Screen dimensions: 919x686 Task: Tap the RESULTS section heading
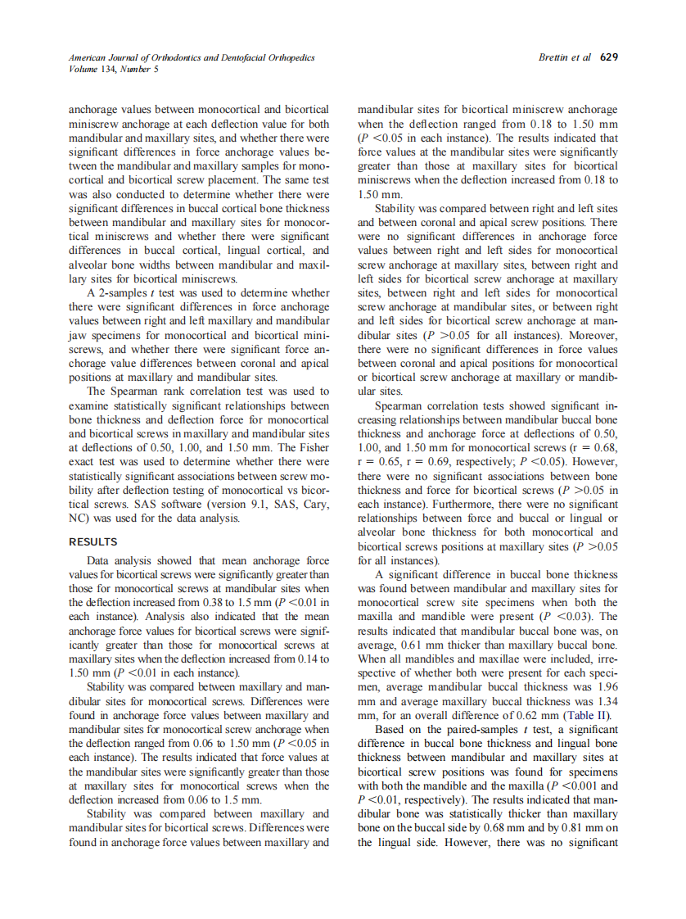pyautogui.click(x=93, y=541)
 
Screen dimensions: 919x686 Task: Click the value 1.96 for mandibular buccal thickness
pyautogui.click(x=607, y=686)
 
